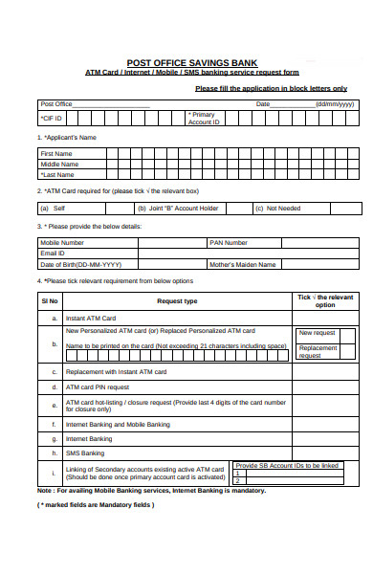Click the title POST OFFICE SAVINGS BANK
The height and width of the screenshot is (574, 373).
[x=186, y=60]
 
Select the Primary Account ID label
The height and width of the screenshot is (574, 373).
[x=204, y=119]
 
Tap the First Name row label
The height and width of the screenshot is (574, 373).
[x=55, y=153]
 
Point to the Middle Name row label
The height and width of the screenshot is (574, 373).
[x=58, y=164]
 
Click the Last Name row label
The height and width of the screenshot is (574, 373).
[x=57, y=175]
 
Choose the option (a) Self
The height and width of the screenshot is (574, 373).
[x=53, y=208]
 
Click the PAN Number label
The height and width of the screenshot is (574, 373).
[x=229, y=243]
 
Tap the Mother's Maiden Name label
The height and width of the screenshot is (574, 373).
[x=243, y=264]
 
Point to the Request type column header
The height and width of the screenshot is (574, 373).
[x=177, y=301]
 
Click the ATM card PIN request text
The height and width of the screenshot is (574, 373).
[x=97, y=387]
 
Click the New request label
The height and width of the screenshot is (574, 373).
[x=317, y=333]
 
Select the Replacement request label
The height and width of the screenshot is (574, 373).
[x=318, y=351]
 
